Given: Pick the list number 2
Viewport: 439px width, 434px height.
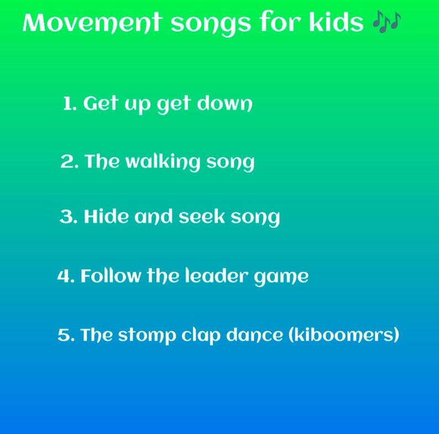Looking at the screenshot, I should pos(67,162).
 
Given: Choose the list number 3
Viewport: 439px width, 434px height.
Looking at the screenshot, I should pos(67,217).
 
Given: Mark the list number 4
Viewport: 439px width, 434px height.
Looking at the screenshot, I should pos(65,276).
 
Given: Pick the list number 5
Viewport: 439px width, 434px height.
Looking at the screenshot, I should pos(65,335).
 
